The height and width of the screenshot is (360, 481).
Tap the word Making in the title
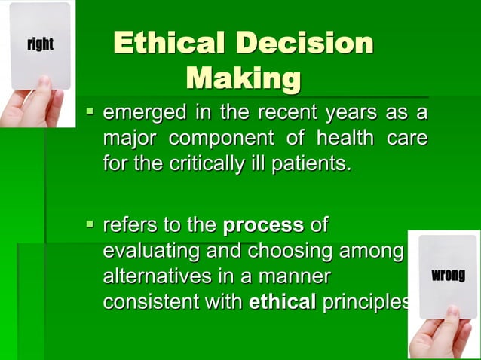tap(243, 78)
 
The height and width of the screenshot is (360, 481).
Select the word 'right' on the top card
tap(40, 44)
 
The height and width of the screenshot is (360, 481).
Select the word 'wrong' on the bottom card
tap(448, 276)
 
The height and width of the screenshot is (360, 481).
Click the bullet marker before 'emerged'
tap(90, 114)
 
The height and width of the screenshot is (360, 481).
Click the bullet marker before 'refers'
tap(90, 224)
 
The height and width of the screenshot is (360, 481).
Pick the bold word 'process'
tap(263, 225)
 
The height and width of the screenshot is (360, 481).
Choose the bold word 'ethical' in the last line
tap(282, 301)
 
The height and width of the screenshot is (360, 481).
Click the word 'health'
tap(344, 139)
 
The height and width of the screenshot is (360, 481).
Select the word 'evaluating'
tap(147, 251)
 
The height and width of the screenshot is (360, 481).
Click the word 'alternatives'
tap(153, 276)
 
